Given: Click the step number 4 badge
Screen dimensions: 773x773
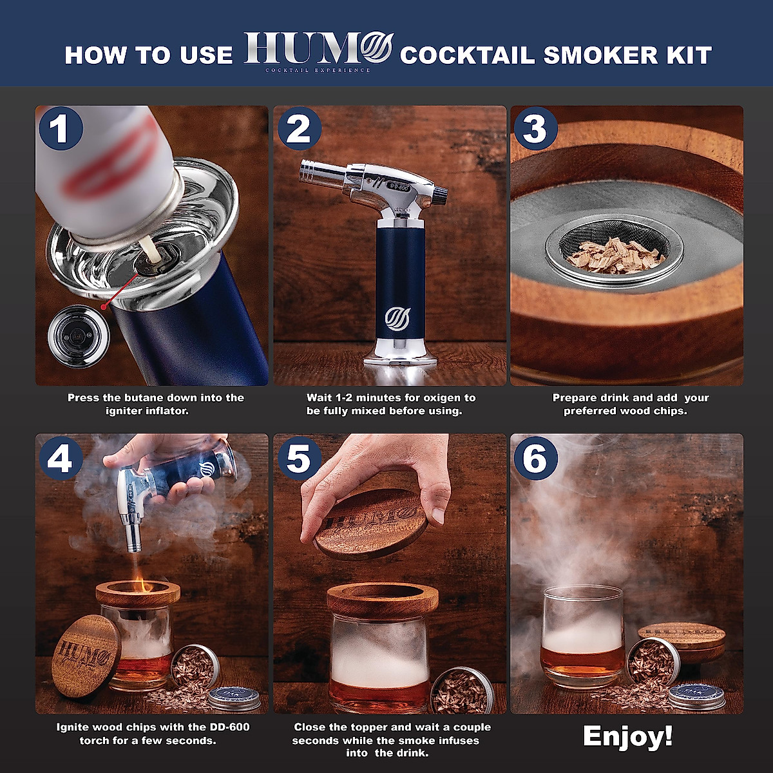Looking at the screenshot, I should point(60,459).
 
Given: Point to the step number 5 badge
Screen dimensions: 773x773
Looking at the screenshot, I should point(298,459).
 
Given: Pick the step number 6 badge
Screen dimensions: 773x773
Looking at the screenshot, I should point(535,459).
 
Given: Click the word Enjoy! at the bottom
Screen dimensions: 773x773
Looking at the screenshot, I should point(627,736).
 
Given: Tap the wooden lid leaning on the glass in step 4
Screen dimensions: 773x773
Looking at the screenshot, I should point(85,656).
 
